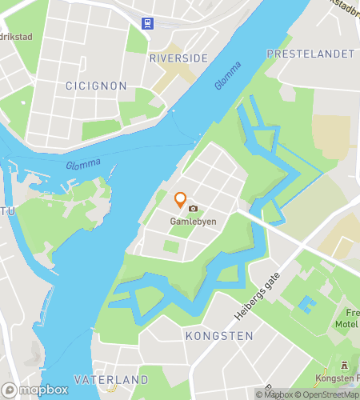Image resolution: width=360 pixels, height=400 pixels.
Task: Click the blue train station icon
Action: pos(148,23)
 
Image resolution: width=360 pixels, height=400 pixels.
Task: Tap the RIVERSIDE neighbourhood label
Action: pos(178,58)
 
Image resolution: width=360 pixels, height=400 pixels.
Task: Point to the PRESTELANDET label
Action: pos(310,54)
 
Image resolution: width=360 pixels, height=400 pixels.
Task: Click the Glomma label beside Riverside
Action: pos(227,78)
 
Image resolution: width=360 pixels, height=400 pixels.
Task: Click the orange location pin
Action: pos(181,199)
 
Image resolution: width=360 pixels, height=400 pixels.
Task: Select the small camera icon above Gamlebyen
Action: pos(193,208)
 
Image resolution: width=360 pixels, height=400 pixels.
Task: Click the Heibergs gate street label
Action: pos(257,294)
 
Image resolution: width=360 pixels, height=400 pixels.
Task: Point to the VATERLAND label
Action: pos(111,379)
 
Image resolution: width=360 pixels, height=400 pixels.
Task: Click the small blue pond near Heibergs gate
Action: pos(306,305)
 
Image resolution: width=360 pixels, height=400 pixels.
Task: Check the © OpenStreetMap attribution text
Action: pos(329,394)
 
